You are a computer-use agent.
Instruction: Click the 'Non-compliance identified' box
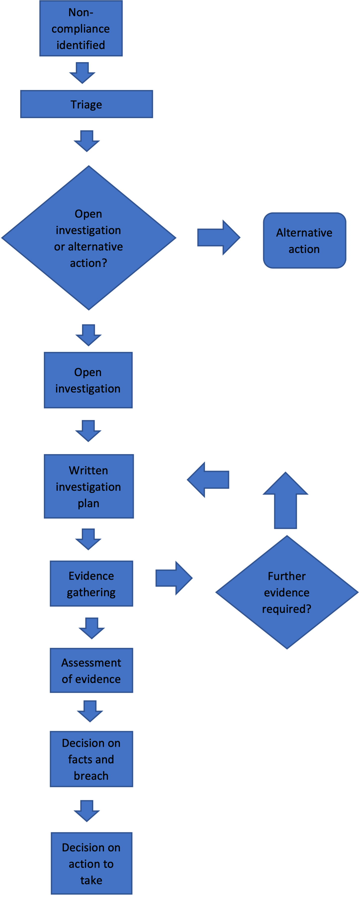(x=81, y=29)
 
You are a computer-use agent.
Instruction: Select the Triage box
(x=86, y=104)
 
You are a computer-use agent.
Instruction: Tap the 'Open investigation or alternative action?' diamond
(x=89, y=238)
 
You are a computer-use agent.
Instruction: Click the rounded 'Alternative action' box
(x=304, y=241)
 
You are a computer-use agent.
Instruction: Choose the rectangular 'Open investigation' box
(x=88, y=380)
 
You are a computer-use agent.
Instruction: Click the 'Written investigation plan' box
(x=89, y=486)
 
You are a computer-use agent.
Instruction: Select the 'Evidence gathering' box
(x=91, y=584)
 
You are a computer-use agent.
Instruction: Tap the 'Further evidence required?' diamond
(x=287, y=592)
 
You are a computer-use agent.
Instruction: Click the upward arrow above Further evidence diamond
(x=285, y=500)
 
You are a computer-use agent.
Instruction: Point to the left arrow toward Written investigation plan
(x=208, y=479)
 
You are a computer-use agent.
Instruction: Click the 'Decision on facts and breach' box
(x=91, y=759)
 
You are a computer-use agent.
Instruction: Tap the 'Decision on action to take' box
(x=91, y=864)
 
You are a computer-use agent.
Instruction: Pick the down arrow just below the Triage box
(x=87, y=141)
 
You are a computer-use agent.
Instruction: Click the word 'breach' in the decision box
(x=91, y=776)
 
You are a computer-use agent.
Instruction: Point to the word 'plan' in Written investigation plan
(x=89, y=504)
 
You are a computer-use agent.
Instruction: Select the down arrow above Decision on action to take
(x=87, y=811)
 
